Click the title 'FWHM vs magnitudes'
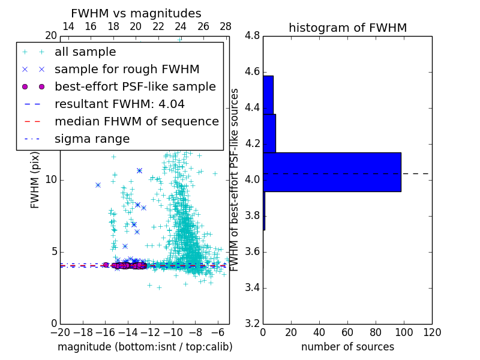click(x=136, y=13)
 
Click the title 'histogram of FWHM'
click(x=347, y=28)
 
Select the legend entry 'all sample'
click(x=85, y=52)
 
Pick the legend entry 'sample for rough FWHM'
click(x=127, y=69)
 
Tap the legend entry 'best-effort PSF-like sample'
click(x=135, y=86)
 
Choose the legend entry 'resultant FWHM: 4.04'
click(x=119, y=104)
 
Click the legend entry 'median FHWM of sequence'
click(x=136, y=121)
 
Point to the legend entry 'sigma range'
click(x=92, y=139)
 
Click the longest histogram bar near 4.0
click(x=332, y=172)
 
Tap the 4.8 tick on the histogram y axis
click(x=252, y=36)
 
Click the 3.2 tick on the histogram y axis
click(x=252, y=323)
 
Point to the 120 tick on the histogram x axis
click(x=432, y=332)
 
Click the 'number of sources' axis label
click(x=347, y=347)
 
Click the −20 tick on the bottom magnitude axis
click(x=60, y=332)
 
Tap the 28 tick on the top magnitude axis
click(x=226, y=26)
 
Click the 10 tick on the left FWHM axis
click(x=51, y=180)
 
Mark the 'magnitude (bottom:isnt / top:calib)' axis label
click(x=145, y=347)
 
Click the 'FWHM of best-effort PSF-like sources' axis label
click(x=235, y=179)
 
